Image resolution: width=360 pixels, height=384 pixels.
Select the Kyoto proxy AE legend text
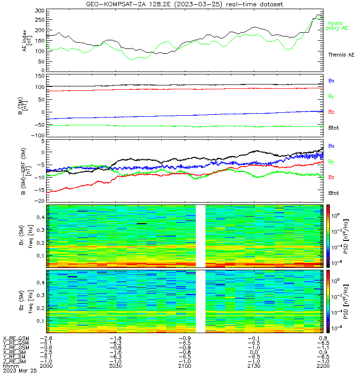pyautogui.click(x=337, y=26)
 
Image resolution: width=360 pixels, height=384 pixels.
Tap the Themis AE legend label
pyautogui.click(x=341, y=55)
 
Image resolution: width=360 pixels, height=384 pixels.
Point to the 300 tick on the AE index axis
pyautogui.click(x=40, y=11)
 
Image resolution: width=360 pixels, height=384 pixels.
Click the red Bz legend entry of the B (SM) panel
pyautogui.click(x=331, y=112)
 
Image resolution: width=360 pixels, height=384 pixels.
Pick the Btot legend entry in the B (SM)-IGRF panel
pyautogui.click(x=333, y=193)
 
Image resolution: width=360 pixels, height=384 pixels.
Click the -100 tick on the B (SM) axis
pyautogui.click(x=38, y=135)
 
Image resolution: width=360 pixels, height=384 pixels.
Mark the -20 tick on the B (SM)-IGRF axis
pyautogui.click(x=40, y=201)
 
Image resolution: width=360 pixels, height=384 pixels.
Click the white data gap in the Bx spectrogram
pyautogui.click(x=200, y=236)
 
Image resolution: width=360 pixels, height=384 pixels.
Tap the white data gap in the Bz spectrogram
pyautogui.click(x=200, y=301)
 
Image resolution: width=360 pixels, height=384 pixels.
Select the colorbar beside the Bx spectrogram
pyautogui.click(x=328, y=236)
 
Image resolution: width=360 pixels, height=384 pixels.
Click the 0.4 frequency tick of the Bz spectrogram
pyautogui.click(x=41, y=283)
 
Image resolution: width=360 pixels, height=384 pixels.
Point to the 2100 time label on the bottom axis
pyautogui.click(x=185, y=366)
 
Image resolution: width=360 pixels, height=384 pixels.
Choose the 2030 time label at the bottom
pyautogui.click(x=116, y=366)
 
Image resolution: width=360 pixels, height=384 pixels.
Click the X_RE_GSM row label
pyautogui.click(x=16, y=339)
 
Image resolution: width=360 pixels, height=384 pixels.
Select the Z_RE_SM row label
pyautogui.click(x=14, y=361)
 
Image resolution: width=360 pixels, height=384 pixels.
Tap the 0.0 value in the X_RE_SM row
pyautogui.click(x=254, y=352)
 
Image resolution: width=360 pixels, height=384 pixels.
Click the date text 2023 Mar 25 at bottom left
pyautogui.click(x=20, y=371)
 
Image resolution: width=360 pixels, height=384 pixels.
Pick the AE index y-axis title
pyautogui.click(x=27, y=41)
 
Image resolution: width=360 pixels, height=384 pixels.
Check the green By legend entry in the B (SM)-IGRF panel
pyautogui.click(x=331, y=162)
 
